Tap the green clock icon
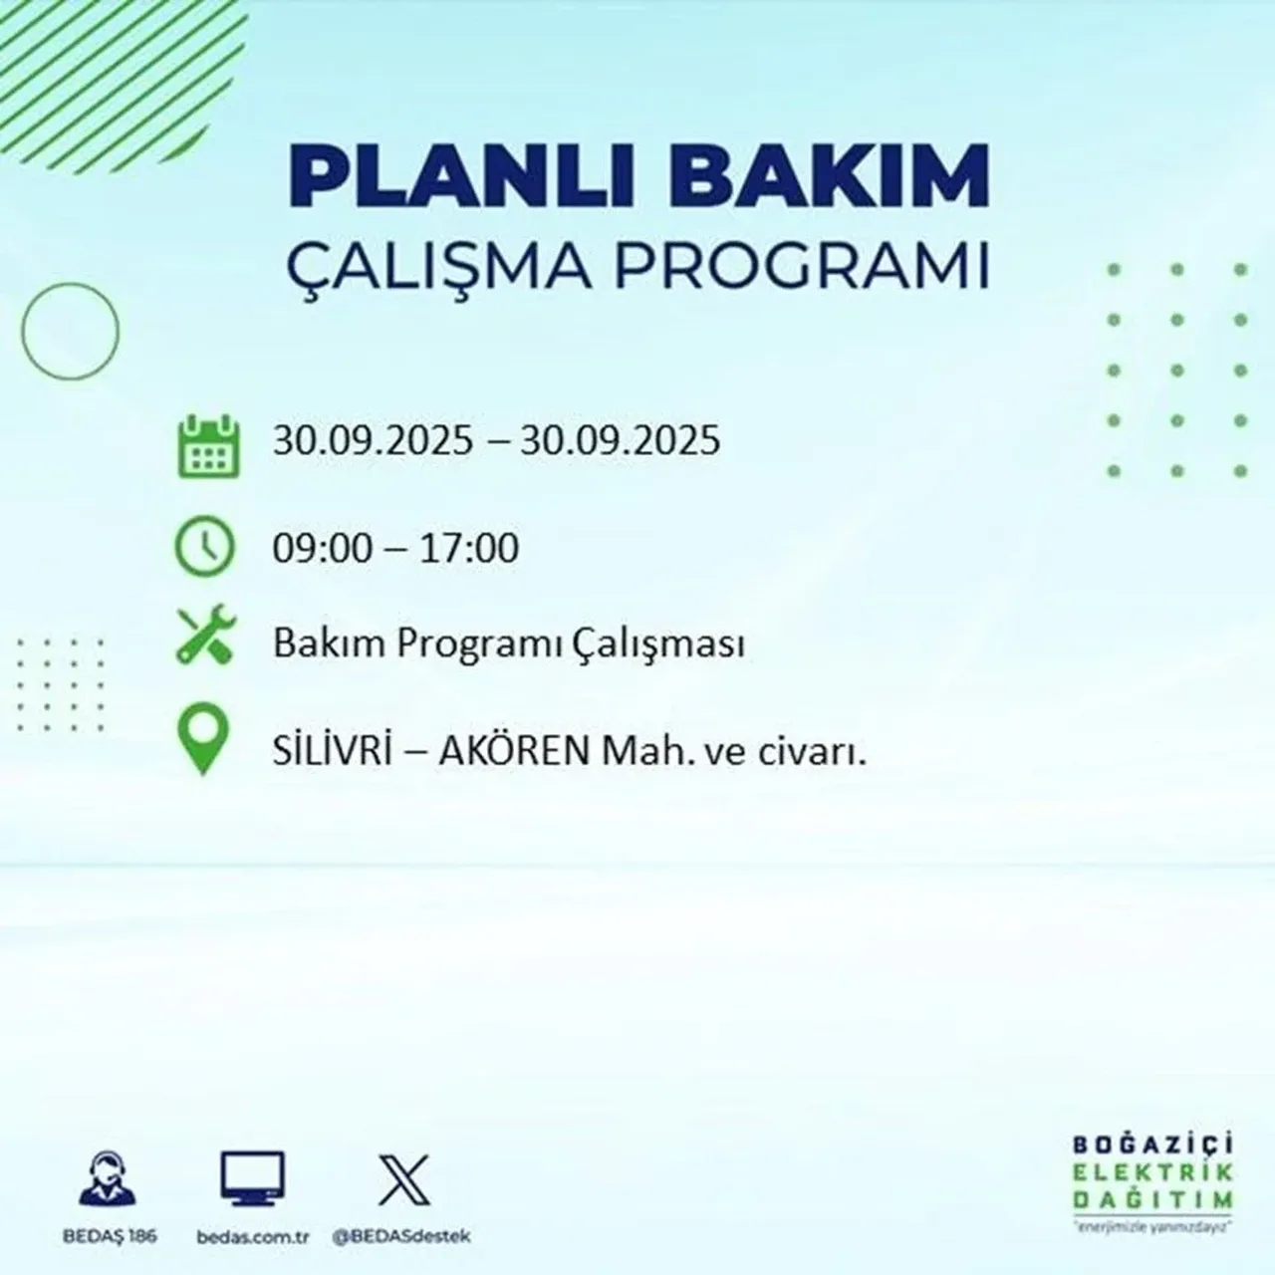(204, 547)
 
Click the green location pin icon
(202, 740)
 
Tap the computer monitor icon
(252, 1179)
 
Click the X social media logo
(403, 1179)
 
